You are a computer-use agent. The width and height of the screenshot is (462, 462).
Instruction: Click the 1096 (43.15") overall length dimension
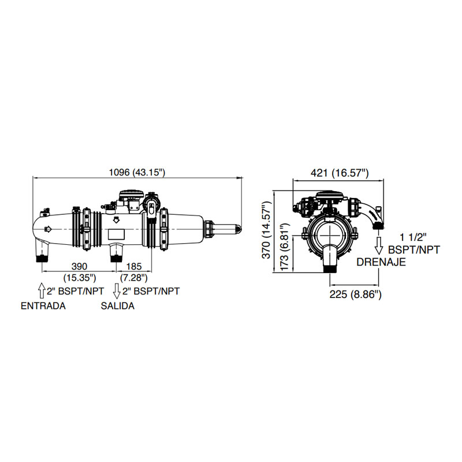pyautogui.click(x=137, y=172)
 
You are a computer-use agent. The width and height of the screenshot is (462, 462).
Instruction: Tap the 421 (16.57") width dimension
pyautogui.click(x=340, y=173)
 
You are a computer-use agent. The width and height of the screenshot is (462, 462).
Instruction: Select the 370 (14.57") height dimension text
pyautogui.click(x=266, y=230)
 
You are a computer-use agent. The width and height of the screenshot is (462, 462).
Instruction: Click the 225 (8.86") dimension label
pyautogui.click(x=355, y=294)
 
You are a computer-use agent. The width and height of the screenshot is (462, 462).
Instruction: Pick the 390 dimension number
pyautogui.click(x=80, y=266)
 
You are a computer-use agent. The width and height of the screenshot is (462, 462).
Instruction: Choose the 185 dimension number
pyautogui.click(x=134, y=266)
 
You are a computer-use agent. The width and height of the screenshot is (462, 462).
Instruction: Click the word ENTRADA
pyautogui.click(x=43, y=306)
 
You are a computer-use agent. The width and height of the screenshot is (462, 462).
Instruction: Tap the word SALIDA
pyautogui.click(x=118, y=306)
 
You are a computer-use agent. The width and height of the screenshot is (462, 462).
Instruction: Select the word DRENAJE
pyautogui.click(x=381, y=262)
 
